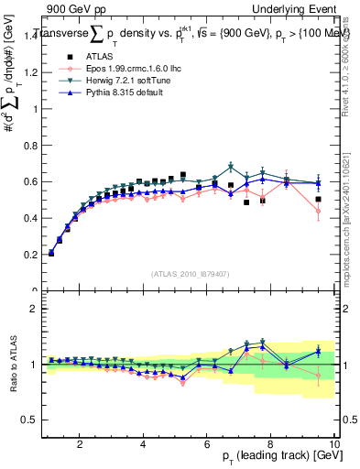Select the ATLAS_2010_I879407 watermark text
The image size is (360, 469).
click(190, 273)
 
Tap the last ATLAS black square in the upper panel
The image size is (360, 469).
click(318, 199)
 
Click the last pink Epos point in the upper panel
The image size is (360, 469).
click(318, 211)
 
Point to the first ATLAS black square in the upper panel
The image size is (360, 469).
click(50, 253)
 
